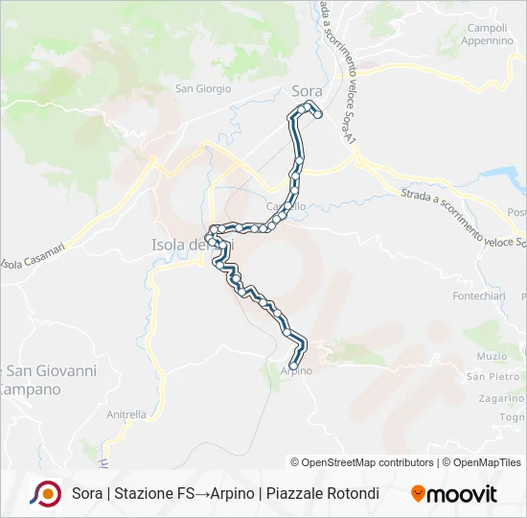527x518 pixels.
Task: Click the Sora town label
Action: click(307, 92)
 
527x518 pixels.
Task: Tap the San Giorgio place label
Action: click(202, 89)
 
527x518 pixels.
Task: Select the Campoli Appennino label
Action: click(487, 35)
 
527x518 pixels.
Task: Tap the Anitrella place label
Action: click(126, 414)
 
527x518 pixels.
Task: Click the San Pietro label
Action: click(493, 377)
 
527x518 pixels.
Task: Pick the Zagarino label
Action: click(500, 397)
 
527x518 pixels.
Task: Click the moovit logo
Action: click(454, 494)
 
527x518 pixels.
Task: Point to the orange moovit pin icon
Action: click(418, 494)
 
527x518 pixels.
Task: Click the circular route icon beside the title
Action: click(45, 493)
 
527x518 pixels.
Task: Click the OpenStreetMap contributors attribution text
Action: click(367, 462)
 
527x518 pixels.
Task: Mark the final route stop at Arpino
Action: click(292, 364)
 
